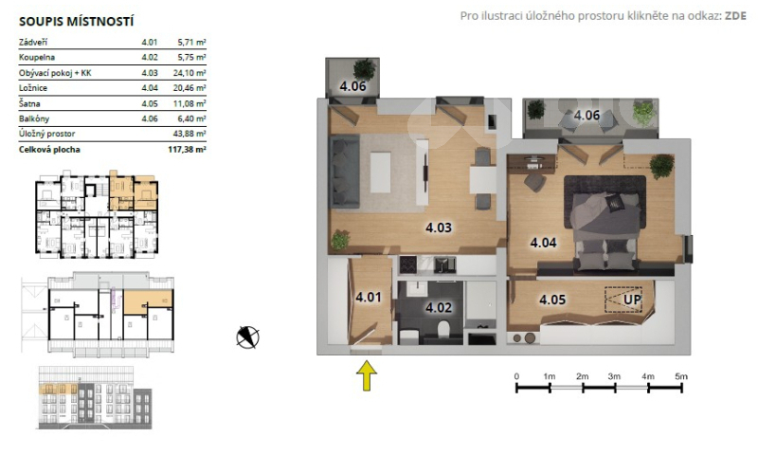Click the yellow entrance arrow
pos(367,375)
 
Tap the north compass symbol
pos(247,337)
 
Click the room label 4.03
pos(439,227)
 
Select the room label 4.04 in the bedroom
pos(543,243)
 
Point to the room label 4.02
pos(439,307)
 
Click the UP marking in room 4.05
pos(632,300)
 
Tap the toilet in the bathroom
pos(443,331)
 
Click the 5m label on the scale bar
pos(681,376)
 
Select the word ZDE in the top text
pos(735,16)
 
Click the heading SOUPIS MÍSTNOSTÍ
pos(76,21)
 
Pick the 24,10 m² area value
pos(189,73)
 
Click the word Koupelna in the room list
pos(37,57)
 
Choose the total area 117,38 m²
pos(187,150)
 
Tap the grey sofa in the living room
pos(344,172)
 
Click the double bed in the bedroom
pos(605,223)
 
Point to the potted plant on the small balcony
pos(364,69)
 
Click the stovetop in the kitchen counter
pos(408,265)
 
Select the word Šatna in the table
pos(29,103)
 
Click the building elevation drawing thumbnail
pos(95,397)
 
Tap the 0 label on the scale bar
pos(516,376)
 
